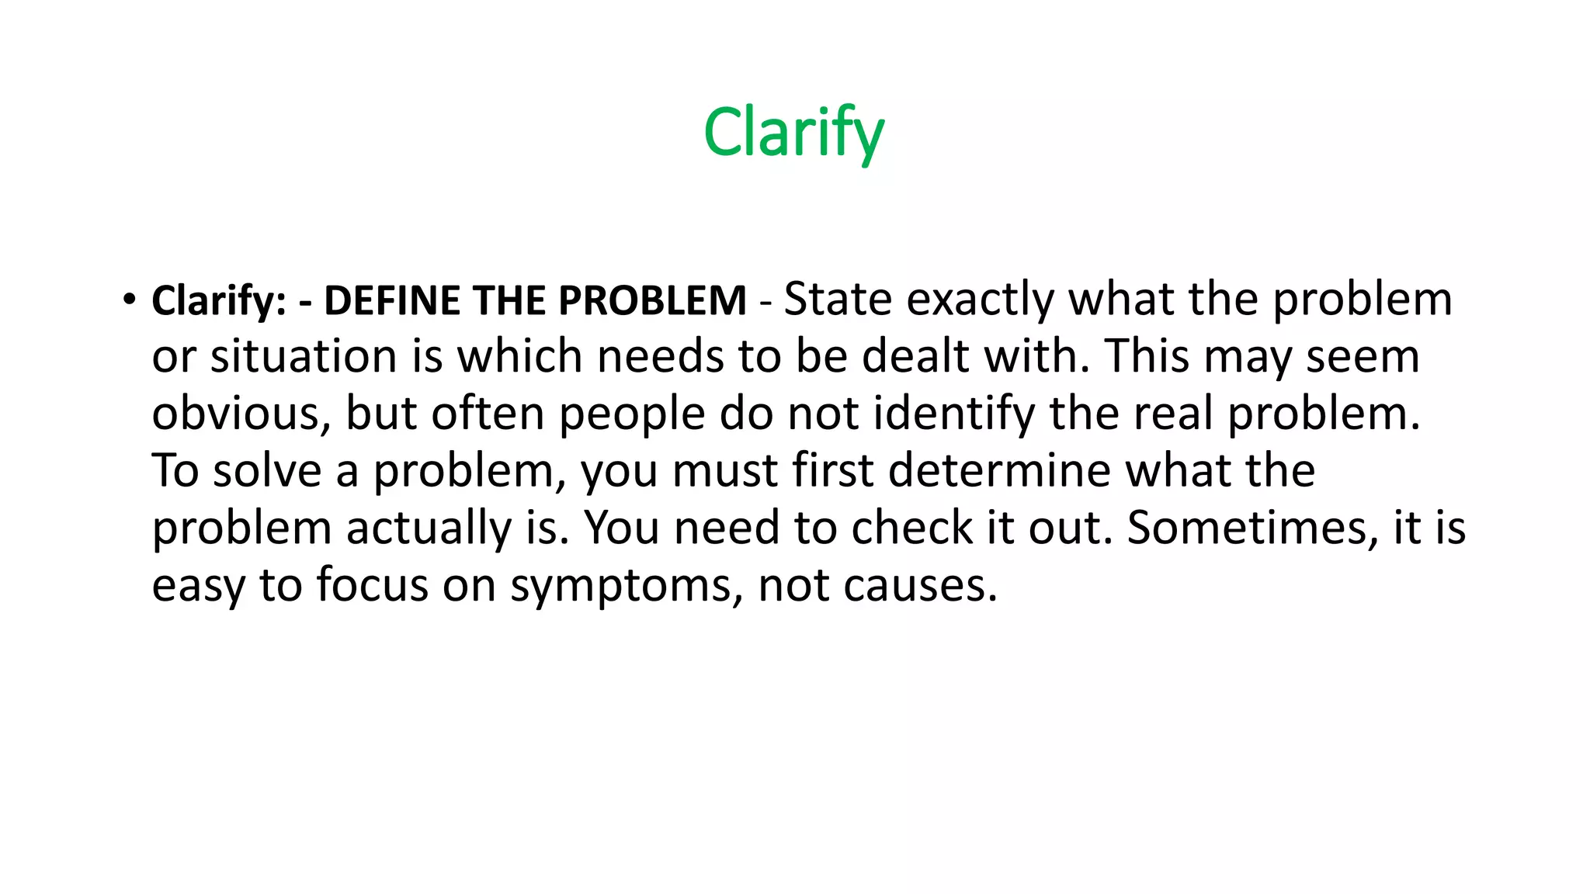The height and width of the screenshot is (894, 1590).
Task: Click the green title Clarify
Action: pyautogui.click(x=793, y=133)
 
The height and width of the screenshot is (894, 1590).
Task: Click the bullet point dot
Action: pyautogui.click(x=128, y=300)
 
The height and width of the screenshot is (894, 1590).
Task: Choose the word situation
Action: pyautogui.click(x=304, y=357)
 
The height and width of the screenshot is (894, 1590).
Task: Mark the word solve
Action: pyautogui.click(x=267, y=471)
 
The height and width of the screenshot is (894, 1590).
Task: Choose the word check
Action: pyautogui.click(x=912, y=528)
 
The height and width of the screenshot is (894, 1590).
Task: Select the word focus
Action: pyautogui.click(x=372, y=585)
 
